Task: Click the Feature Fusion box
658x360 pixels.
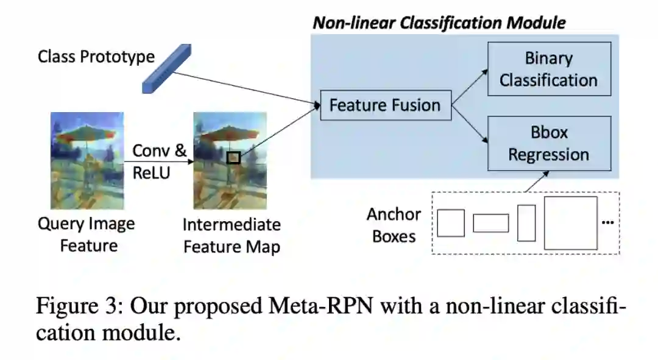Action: (384, 105)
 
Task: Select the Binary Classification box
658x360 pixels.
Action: (548, 69)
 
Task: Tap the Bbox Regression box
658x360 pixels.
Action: (548, 143)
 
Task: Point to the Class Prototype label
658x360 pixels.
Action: (96, 57)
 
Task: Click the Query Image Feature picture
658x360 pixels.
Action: (87, 160)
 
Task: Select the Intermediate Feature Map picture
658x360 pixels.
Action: (230, 160)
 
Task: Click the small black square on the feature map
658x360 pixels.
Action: (233, 158)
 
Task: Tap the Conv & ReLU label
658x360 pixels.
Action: (159, 161)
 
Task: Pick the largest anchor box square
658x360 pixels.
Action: (570, 222)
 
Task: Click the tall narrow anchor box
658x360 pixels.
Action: (526, 223)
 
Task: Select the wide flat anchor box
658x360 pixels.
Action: (490, 223)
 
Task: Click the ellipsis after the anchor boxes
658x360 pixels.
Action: (607, 223)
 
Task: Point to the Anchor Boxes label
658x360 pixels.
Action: (394, 225)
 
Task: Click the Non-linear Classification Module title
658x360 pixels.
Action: (439, 23)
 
